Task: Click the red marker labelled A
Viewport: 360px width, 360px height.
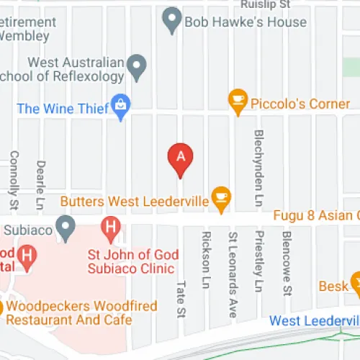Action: (181, 158)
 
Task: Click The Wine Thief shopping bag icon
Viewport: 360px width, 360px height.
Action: (120, 107)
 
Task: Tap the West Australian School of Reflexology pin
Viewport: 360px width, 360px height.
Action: (136, 68)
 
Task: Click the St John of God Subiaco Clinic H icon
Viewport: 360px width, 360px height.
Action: (110, 230)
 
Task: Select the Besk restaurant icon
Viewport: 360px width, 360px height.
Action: (356, 282)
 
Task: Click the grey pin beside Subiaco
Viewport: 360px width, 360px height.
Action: (66, 228)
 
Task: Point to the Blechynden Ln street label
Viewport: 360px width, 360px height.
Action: (259, 160)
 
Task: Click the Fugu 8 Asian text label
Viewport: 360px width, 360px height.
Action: (316, 215)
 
